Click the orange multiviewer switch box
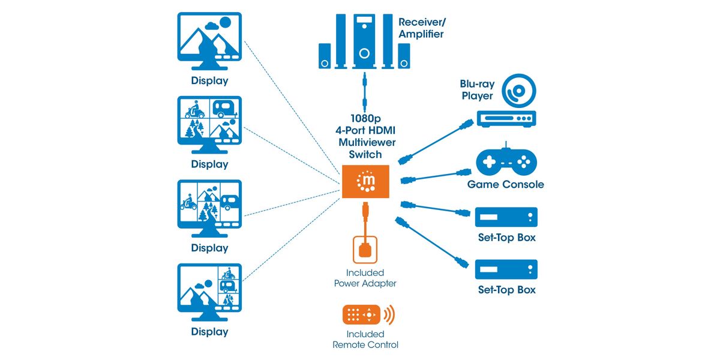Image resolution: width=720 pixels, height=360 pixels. pos(365,181)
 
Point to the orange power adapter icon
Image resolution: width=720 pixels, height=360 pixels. pos(365,249)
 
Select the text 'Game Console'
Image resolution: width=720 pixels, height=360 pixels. pos(505,184)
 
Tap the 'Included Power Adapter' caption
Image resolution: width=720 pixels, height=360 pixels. pos(365,277)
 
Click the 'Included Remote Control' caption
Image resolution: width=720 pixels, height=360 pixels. pos(365,339)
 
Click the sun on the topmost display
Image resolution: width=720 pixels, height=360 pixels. pos(224,23)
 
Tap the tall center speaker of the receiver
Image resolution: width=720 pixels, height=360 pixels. pos(364,41)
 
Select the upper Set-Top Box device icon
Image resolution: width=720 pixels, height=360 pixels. pos(506,217)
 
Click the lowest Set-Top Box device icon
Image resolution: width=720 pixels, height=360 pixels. pos(506,269)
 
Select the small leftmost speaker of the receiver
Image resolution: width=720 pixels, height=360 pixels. pos(324,56)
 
